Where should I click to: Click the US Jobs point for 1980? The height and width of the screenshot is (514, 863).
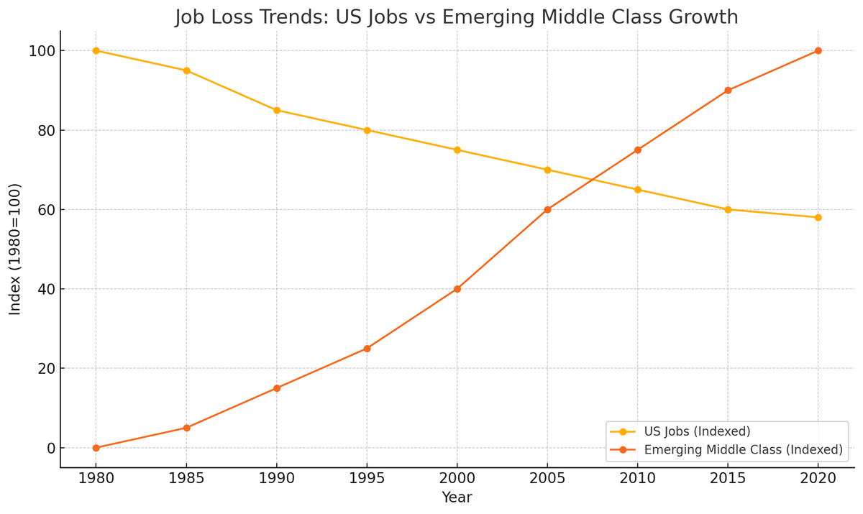[x=96, y=50]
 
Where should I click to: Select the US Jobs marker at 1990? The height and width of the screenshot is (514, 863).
[x=277, y=110]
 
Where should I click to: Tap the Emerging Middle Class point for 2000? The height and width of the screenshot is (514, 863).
[x=457, y=289]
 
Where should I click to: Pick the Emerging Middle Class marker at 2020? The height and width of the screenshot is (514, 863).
[x=818, y=50]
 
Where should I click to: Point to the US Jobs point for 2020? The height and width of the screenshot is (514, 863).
[x=818, y=217]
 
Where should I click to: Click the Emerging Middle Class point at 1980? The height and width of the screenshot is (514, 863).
[x=96, y=448]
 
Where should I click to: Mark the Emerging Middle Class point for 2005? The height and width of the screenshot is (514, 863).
[x=547, y=210]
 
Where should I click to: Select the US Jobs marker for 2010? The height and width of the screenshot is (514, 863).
[x=638, y=190]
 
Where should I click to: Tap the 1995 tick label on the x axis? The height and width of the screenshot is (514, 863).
[x=367, y=478]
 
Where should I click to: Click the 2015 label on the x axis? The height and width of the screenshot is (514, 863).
[x=728, y=478]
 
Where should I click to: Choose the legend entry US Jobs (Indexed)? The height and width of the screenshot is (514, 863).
[x=697, y=431]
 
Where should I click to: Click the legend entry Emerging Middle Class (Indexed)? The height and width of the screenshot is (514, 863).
[x=743, y=450]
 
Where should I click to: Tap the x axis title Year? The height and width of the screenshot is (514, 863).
[x=457, y=497]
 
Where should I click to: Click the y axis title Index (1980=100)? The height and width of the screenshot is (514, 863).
[x=15, y=249]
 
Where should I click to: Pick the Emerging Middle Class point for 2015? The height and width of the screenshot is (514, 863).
[x=728, y=91]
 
